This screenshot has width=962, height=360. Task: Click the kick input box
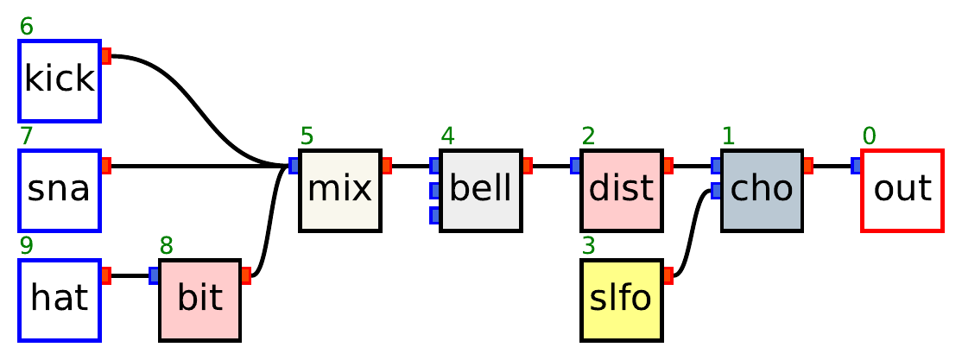[60, 80]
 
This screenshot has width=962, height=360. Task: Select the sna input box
[60, 190]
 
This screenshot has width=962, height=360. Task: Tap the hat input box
[60, 300]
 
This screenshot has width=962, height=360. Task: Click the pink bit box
[199, 300]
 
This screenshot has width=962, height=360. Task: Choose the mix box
[340, 190]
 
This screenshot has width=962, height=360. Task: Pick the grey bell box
[480, 190]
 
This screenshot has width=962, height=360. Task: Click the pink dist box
[621, 190]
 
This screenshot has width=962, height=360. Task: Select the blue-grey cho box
[762, 190]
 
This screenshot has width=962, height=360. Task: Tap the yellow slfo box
[621, 300]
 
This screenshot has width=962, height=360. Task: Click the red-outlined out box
[902, 190]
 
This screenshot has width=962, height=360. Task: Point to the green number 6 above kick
[27, 27]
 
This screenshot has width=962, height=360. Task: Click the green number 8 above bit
[167, 246]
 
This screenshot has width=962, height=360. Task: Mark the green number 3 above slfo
[588, 246]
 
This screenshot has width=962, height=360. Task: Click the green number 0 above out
[869, 136]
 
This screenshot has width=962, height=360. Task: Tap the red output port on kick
[106, 56]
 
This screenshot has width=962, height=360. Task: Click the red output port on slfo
[668, 275]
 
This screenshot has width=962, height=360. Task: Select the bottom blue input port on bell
[434, 214]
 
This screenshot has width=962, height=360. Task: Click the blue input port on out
[856, 165]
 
